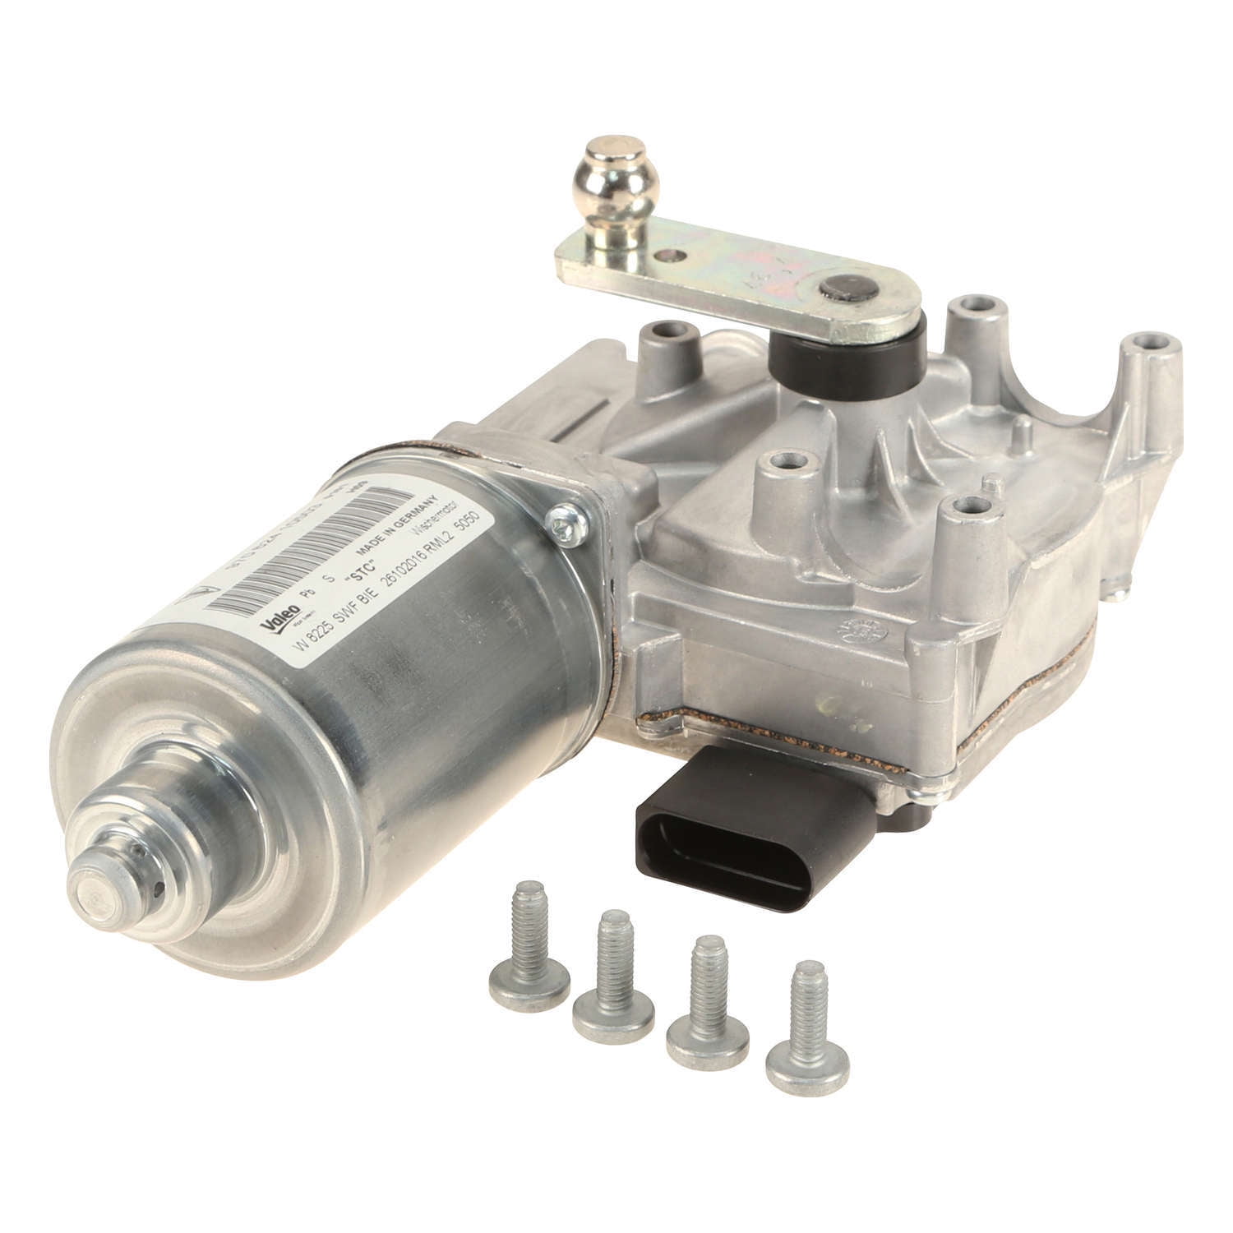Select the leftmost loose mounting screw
519,961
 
